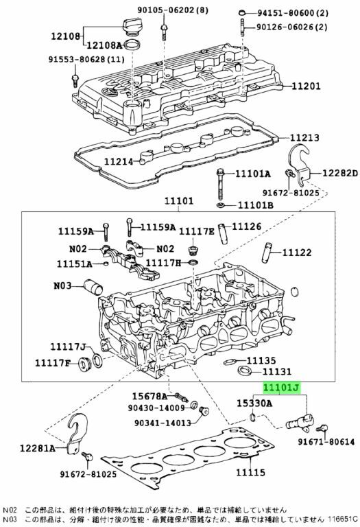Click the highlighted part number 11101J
point(280,388)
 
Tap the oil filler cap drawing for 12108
point(130,27)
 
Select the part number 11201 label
point(306,86)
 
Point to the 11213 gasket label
point(304,137)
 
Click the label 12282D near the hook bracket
point(340,173)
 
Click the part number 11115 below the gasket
point(250,472)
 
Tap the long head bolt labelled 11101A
point(220,184)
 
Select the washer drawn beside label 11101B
point(220,204)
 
